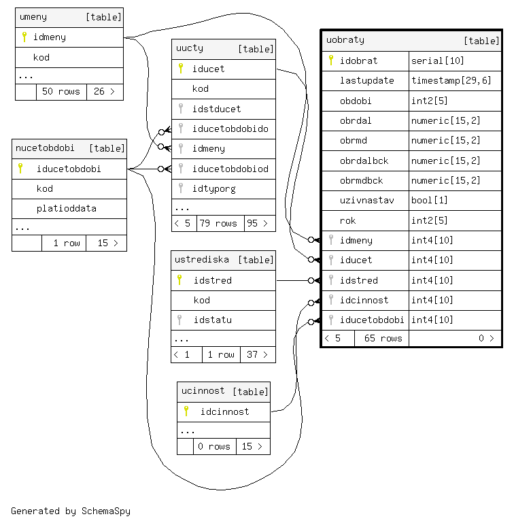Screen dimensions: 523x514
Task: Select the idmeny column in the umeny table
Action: coord(50,37)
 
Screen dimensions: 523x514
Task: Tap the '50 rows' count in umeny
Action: coord(61,91)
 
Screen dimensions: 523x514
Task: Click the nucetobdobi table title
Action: coord(45,148)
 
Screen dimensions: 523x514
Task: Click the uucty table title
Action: coord(190,48)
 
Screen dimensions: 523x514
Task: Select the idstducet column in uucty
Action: coord(216,109)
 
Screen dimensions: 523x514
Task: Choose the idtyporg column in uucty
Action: coord(213,188)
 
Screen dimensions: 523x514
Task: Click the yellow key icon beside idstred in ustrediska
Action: coord(180,280)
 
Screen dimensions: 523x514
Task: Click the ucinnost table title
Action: coord(203,391)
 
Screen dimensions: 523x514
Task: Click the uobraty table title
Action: coord(345,40)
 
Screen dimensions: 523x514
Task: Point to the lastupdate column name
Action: coord(366,80)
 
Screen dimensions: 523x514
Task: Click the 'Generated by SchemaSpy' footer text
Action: coord(71,511)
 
